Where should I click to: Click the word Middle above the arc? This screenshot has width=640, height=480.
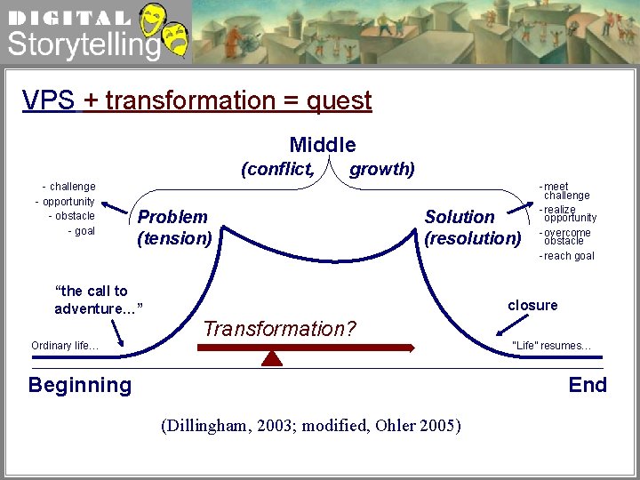(322, 145)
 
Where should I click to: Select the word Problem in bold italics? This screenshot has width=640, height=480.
(172, 217)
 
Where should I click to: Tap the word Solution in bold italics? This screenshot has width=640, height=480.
(460, 217)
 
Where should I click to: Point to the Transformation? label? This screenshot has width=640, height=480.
(279, 329)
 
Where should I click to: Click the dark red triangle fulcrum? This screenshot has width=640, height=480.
(272, 357)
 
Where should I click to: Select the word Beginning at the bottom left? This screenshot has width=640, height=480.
(80, 385)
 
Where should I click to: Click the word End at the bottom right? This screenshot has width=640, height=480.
(588, 385)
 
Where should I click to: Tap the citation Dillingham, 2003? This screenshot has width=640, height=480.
(230, 425)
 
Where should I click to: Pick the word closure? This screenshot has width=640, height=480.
(532, 305)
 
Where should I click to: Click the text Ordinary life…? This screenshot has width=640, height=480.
(65, 346)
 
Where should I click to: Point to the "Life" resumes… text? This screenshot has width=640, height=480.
(551, 346)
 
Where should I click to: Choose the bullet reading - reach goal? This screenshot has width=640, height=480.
(567, 256)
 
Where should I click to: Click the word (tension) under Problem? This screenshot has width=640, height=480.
(174, 238)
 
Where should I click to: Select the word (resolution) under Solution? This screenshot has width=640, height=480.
(473, 238)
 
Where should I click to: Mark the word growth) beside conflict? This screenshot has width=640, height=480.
(382, 169)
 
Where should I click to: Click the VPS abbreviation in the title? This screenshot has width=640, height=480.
(49, 100)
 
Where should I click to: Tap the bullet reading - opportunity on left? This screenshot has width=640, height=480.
(65, 201)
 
